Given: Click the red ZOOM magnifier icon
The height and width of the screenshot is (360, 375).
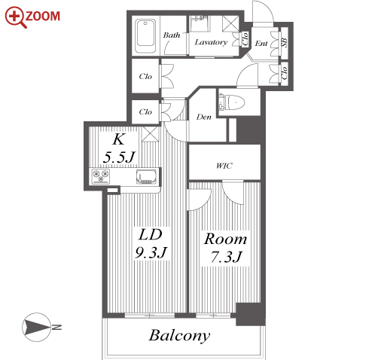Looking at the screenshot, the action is click(16, 17).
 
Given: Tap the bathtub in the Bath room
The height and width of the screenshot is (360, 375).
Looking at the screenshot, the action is click(145, 36).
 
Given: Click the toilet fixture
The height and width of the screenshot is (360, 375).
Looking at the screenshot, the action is click(231, 102).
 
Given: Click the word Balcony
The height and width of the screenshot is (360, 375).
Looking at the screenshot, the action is click(179, 336).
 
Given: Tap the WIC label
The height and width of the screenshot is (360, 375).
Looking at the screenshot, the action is click(224, 166).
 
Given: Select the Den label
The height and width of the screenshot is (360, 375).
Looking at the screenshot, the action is click(204, 117).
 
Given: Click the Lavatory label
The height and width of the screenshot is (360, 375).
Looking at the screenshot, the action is click(211, 42).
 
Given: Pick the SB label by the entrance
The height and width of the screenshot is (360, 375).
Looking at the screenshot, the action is click(284, 42).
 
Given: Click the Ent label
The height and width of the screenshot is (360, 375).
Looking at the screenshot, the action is click(261, 43).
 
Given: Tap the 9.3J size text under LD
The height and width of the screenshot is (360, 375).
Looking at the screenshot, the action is click(151, 252).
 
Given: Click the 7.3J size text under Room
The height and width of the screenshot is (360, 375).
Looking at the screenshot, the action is click(226, 257).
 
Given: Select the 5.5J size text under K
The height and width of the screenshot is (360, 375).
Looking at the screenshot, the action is click(119, 157).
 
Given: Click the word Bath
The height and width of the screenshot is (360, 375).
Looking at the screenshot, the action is click(172, 35).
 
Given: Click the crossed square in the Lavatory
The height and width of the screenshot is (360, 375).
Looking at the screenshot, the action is click(230, 24).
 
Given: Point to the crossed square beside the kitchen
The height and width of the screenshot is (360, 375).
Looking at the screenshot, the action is click(150, 134).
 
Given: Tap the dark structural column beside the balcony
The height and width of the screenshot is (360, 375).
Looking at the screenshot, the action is click(251, 314).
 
